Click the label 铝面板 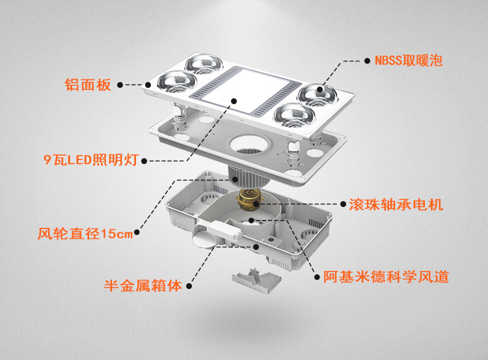[x=88, y=85]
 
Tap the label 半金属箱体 [x=144, y=285]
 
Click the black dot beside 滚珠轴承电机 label [x=342, y=204]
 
